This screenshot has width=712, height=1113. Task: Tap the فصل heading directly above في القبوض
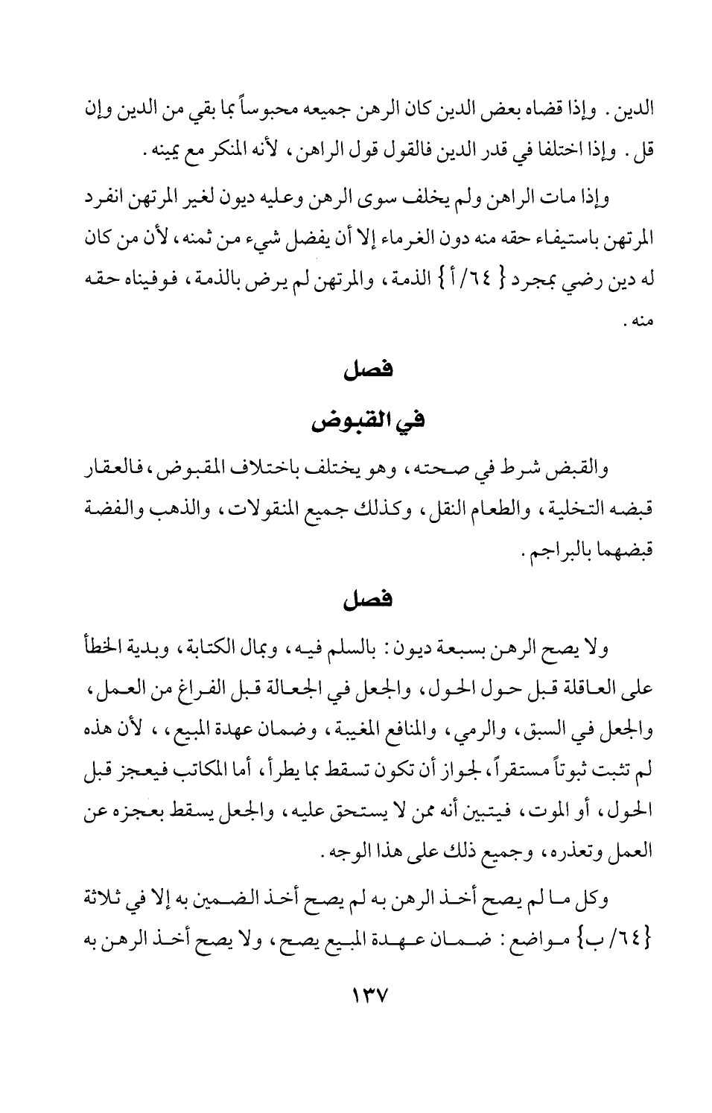point(363,370)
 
